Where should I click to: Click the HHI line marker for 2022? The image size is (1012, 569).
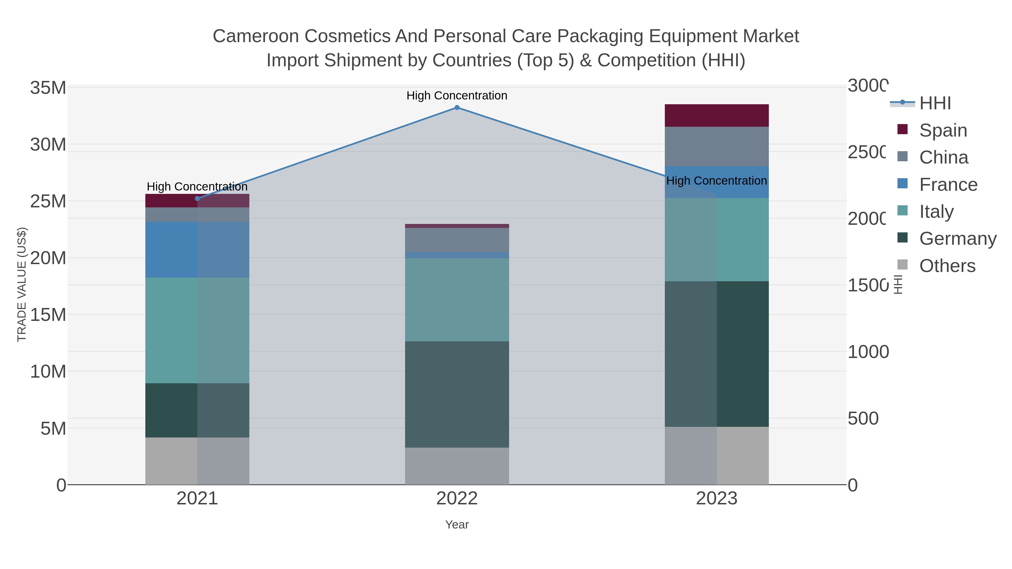tap(457, 108)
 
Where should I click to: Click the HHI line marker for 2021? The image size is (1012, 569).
tap(197, 199)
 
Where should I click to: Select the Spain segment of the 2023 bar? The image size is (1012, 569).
tap(717, 115)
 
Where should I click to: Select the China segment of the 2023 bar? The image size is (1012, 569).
tap(717, 146)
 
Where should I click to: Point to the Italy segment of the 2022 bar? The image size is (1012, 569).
tap(457, 300)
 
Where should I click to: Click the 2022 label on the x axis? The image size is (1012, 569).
tap(457, 499)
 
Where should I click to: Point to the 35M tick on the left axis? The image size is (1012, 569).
tap(48, 88)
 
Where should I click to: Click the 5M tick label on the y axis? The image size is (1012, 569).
tap(53, 429)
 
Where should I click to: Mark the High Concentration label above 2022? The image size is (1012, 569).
tap(457, 96)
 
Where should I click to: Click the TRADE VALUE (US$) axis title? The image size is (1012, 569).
tap(22, 284)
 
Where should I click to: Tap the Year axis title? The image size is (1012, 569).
tap(457, 525)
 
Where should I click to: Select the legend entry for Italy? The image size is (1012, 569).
tap(936, 212)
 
